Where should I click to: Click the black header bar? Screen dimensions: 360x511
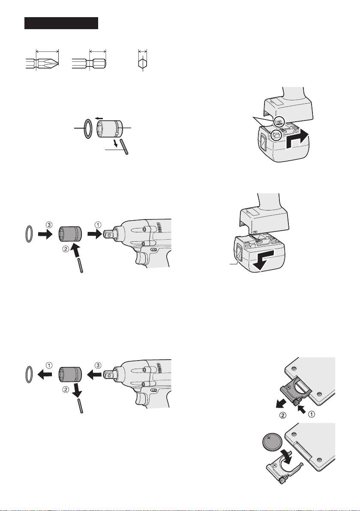click(x=61, y=23)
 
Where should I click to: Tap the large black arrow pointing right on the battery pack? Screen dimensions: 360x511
click(x=297, y=140)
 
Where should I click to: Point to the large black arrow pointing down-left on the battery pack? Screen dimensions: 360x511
click(x=265, y=261)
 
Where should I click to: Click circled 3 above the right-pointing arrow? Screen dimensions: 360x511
click(x=48, y=225)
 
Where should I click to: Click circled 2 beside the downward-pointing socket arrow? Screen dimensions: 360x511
click(x=66, y=389)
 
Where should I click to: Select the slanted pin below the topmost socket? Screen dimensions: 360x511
click(x=124, y=146)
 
